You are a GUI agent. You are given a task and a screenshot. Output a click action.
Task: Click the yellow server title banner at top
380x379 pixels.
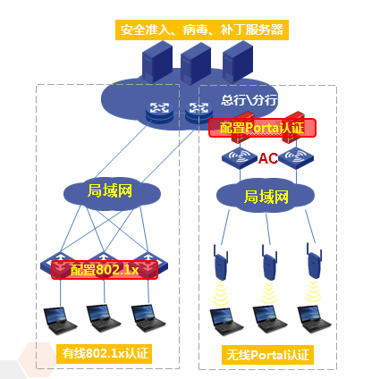(202, 29)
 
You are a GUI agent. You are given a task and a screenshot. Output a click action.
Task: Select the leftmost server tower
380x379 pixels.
(157, 62)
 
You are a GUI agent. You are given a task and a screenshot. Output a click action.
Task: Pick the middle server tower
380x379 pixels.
(196, 63)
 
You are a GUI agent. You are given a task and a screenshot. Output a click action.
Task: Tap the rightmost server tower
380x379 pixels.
(238, 62)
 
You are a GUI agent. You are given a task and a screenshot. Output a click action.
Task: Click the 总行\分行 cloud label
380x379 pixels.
(249, 100)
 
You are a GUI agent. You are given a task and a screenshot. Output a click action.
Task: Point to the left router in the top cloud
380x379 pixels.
(159, 112)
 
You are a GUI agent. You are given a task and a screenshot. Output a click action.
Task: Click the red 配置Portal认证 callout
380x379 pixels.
(262, 128)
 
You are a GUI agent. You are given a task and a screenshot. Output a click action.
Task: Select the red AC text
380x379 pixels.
(268, 158)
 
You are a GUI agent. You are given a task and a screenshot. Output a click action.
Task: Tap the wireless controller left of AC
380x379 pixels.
(240, 157)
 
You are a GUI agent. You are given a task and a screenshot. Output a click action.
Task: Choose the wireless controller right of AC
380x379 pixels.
(296, 157)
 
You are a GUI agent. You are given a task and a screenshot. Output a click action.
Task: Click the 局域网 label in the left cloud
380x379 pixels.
(110, 190)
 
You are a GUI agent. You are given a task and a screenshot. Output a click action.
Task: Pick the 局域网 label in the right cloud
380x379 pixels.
(266, 197)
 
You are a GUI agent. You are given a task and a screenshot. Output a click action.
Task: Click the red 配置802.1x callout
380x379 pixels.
(105, 270)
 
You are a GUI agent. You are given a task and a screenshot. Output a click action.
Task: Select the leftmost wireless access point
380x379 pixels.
(221, 262)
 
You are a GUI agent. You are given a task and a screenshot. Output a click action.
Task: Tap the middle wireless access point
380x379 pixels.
(269, 262)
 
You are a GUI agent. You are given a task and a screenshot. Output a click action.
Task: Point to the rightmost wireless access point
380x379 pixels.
(315, 261)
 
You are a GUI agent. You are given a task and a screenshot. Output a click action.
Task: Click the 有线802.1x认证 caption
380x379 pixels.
(104, 354)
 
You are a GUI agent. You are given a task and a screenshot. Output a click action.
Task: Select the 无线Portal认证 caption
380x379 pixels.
(267, 355)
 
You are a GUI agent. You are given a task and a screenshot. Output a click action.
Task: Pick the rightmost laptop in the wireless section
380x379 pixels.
(314, 321)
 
